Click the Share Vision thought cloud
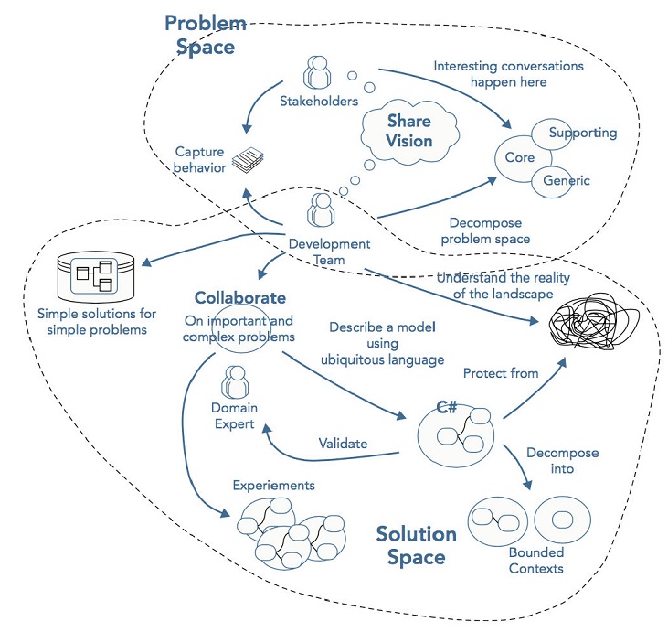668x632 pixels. (x=408, y=131)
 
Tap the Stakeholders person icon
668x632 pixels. (x=318, y=73)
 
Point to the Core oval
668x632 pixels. (x=520, y=157)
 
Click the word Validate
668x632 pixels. (x=343, y=444)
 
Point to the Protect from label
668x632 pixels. (x=501, y=373)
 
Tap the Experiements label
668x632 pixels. (x=273, y=484)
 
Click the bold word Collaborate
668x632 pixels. (x=240, y=298)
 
